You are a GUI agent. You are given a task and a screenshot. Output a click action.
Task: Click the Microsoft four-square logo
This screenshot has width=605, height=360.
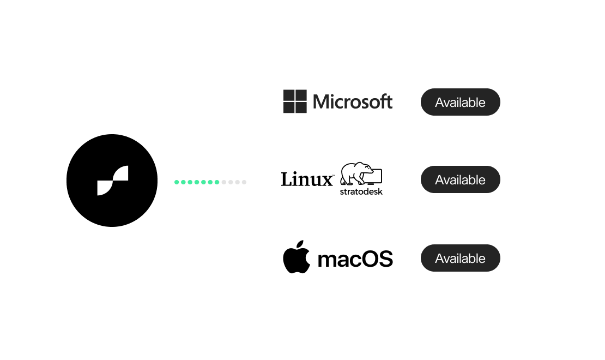[x=295, y=101]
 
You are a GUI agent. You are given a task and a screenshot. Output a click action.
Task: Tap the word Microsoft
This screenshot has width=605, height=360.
[x=353, y=102]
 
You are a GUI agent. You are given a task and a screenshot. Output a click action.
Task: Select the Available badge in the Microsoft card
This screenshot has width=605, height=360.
[x=460, y=102]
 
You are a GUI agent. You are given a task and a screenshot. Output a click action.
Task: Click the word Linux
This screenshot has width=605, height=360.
[x=306, y=179]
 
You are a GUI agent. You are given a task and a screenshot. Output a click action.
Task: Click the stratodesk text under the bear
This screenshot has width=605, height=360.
[x=361, y=191]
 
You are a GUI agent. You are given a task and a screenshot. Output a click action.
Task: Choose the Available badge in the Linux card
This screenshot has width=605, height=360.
[x=460, y=179]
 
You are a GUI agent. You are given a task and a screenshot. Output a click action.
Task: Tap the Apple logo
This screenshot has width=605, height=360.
[x=296, y=259]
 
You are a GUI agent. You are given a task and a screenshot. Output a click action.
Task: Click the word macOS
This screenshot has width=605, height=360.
[x=355, y=259]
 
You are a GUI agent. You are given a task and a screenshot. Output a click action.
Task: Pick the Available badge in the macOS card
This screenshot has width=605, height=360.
[x=460, y=258]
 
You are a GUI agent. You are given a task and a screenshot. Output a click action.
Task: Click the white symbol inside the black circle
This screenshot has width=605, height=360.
[x=112, y=181]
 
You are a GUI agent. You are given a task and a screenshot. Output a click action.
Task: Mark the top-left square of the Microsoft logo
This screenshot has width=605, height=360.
[x=289, y=95]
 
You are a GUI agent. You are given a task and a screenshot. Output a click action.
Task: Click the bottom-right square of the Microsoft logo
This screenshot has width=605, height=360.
[x=301, y=107]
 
